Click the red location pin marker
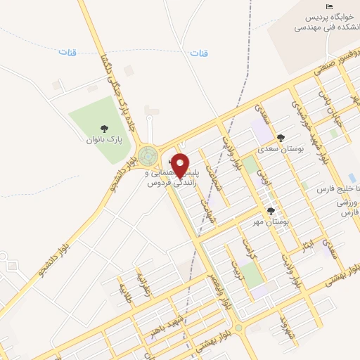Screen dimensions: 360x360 (x=181, y=165)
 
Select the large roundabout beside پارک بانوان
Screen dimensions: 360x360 (x=148, y=155)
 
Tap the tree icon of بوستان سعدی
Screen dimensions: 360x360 (x=282, y=138)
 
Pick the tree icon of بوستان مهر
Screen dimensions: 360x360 (x=271, y=211)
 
